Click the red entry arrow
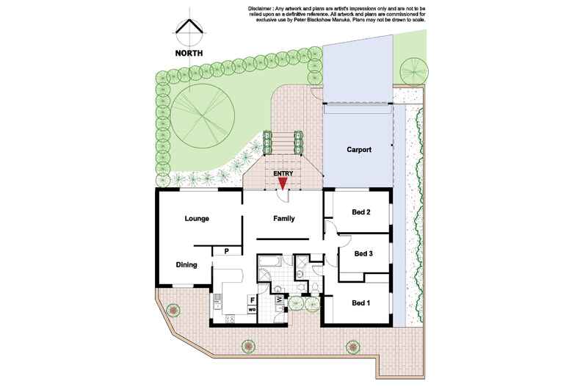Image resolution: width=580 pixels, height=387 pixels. [283, 184]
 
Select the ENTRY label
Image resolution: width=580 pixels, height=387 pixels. [283, 173]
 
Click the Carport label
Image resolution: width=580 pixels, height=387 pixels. [359, 150]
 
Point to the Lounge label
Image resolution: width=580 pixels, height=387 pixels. [197, 219]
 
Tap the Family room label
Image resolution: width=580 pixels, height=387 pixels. [284, 219]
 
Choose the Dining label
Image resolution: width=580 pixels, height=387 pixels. [186, 265]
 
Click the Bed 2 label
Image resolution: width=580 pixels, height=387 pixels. [360, 213]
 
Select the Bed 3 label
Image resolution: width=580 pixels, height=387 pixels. [364, 254]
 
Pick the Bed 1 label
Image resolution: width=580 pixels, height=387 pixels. [360, 303]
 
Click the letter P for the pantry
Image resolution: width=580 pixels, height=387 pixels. [227, 251]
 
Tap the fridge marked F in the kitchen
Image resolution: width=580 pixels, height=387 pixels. [252, 299]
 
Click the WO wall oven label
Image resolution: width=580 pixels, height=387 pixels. [252, 310]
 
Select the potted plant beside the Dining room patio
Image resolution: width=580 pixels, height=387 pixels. [173, 310]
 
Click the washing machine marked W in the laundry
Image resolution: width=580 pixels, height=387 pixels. [279, 300]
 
